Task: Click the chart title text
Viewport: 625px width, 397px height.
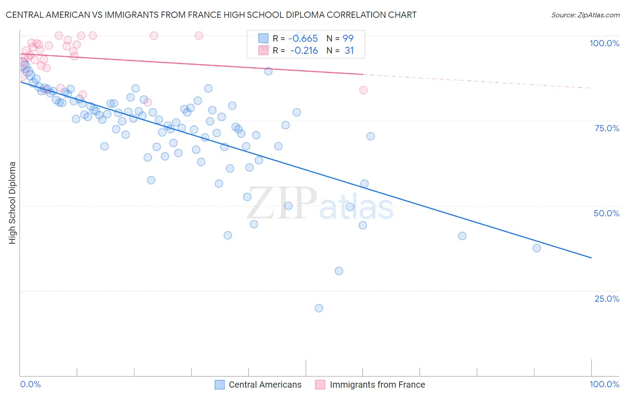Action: click(x=211, y=15)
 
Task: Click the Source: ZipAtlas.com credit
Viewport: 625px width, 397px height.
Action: click(x=585, y=15)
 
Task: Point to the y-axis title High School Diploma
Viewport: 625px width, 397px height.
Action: click(x=12, y=203)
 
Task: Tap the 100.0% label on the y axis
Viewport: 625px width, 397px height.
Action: click(x=604, y=43)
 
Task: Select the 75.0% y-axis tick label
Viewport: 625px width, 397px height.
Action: click(x=607, y=128)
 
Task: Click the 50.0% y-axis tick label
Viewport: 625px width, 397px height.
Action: click(x=606, y=213)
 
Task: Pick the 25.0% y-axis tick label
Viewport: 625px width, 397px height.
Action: click(x=607, y=299)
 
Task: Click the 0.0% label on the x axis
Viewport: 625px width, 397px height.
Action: click(x=31, y=384)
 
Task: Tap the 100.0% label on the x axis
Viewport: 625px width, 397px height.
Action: click(x=604, y=384)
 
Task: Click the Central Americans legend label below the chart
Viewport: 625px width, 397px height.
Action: click(x=265, y=385)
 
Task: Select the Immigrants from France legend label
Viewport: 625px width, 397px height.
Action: click(x=377, y=385)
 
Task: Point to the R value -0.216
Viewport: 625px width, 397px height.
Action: click(x=304, y=51)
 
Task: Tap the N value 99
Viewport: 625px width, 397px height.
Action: click(x=348, y=39)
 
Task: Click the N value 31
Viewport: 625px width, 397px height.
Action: click(x=349, y=51)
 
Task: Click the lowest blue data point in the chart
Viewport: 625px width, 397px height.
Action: click(x=319, y=308)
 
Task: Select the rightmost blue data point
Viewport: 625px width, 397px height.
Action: click(x=537, y=248)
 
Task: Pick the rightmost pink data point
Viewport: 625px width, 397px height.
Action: click(x=363, y=90)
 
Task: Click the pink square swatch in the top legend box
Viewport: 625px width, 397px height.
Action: click(x=264, y=50)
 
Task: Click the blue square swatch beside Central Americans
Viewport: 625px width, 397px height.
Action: click(x=220, y=385)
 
